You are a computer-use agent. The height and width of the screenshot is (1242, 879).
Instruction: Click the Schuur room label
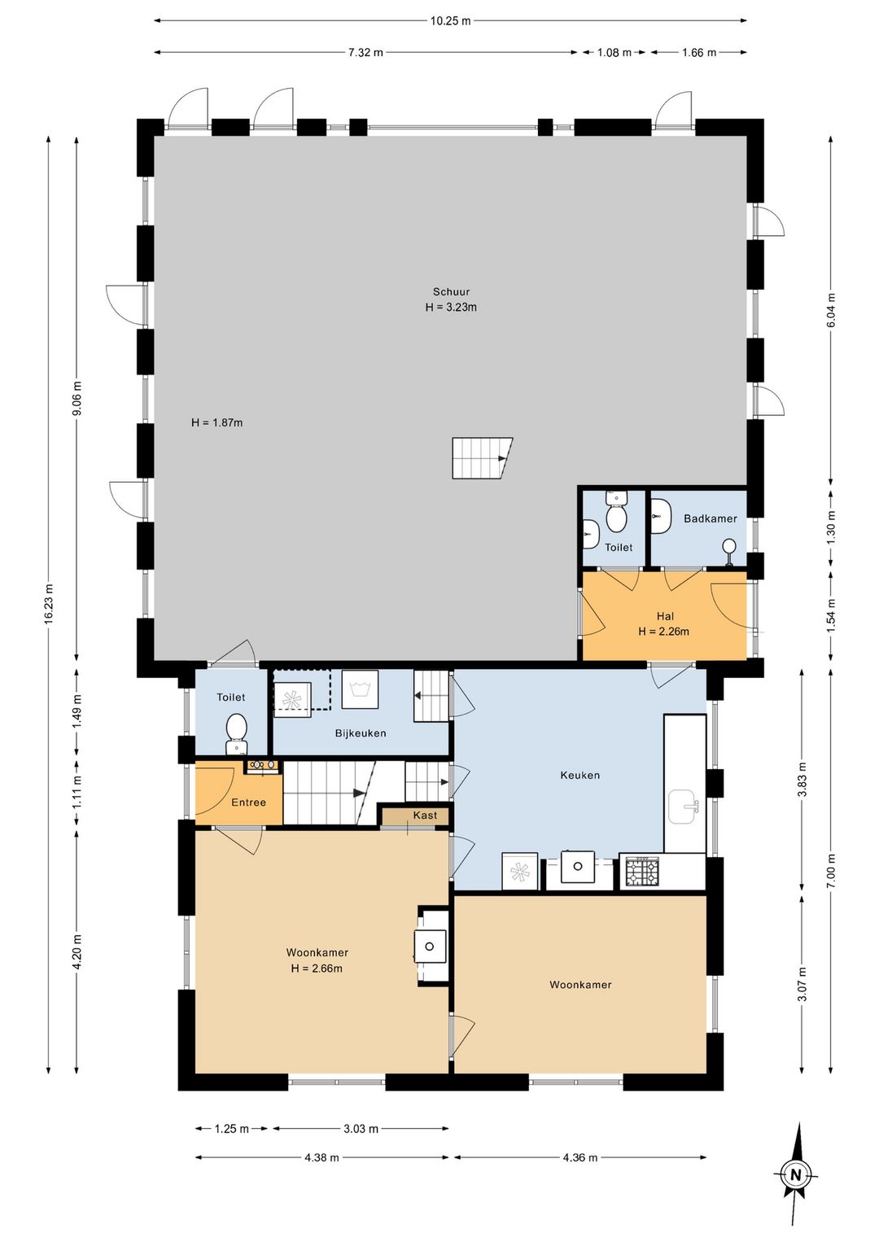[451, 291]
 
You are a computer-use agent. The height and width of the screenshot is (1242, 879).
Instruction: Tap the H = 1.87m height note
[216, 422]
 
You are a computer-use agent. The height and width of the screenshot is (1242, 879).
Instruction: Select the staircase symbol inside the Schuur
[481, 458]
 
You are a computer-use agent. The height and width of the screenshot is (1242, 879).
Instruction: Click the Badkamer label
[710, 518]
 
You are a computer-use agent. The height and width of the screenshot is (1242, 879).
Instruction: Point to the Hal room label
[665, 616]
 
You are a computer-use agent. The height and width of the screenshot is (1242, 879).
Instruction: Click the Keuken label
[579, 775]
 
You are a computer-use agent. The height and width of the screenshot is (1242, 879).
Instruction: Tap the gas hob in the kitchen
[643, 872]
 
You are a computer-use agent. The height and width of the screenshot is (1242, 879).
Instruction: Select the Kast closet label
[425, 815]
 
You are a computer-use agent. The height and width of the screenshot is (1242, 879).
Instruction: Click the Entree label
[248, 802]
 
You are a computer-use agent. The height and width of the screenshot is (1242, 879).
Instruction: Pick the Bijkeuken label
[361, 733]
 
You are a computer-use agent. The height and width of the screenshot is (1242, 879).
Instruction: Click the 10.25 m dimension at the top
[450, 21]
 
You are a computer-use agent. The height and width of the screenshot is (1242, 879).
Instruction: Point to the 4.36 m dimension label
[580, 1157]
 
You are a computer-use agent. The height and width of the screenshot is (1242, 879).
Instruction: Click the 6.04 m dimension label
[830, 309]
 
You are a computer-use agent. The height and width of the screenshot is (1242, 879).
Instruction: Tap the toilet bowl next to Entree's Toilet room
[237, 734]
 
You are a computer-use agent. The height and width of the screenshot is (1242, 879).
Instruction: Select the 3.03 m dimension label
[361, 1128]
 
